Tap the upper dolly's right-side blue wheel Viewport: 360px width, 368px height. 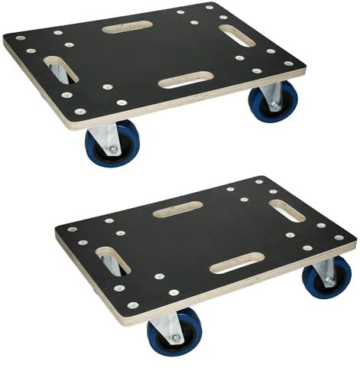click(273, 103)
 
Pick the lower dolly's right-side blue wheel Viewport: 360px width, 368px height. click(327, 277)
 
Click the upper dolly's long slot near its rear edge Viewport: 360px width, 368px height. click(128, 27)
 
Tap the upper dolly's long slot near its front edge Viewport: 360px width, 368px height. click(186, 80)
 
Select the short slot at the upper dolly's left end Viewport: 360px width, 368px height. click(59, 68)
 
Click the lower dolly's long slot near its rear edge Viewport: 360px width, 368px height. click(177, 209)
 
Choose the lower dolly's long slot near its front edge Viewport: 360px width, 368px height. click(237, 264)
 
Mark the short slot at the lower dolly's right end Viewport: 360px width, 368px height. click(286, 210)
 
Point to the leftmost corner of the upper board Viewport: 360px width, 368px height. click(5, 40)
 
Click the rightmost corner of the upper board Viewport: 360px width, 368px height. click(304, 67)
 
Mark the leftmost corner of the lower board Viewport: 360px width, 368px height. click(57, 230)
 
